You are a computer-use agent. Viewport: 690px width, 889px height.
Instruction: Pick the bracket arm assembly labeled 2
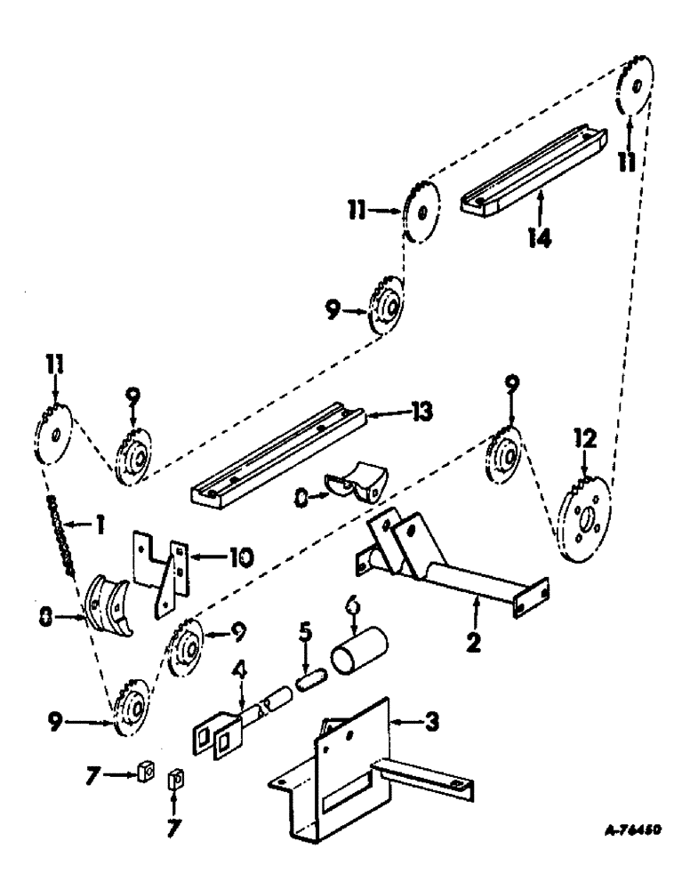point(445,569)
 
